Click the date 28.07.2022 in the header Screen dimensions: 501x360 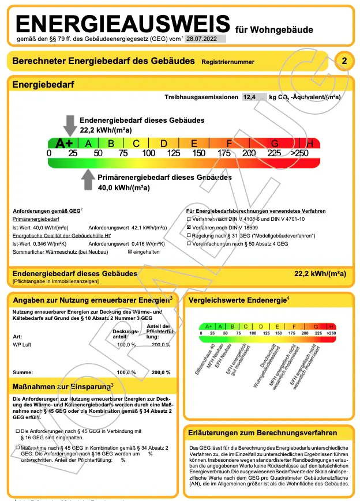205,39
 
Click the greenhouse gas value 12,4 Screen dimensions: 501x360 250,97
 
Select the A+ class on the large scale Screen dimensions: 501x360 63,144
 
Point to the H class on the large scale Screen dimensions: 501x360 310,144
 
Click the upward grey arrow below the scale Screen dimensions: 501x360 88,180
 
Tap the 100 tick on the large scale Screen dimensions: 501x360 148,153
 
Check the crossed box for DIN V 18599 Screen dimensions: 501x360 189,228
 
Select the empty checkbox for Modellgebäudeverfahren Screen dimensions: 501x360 189,236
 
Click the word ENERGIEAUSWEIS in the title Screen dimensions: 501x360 123,24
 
